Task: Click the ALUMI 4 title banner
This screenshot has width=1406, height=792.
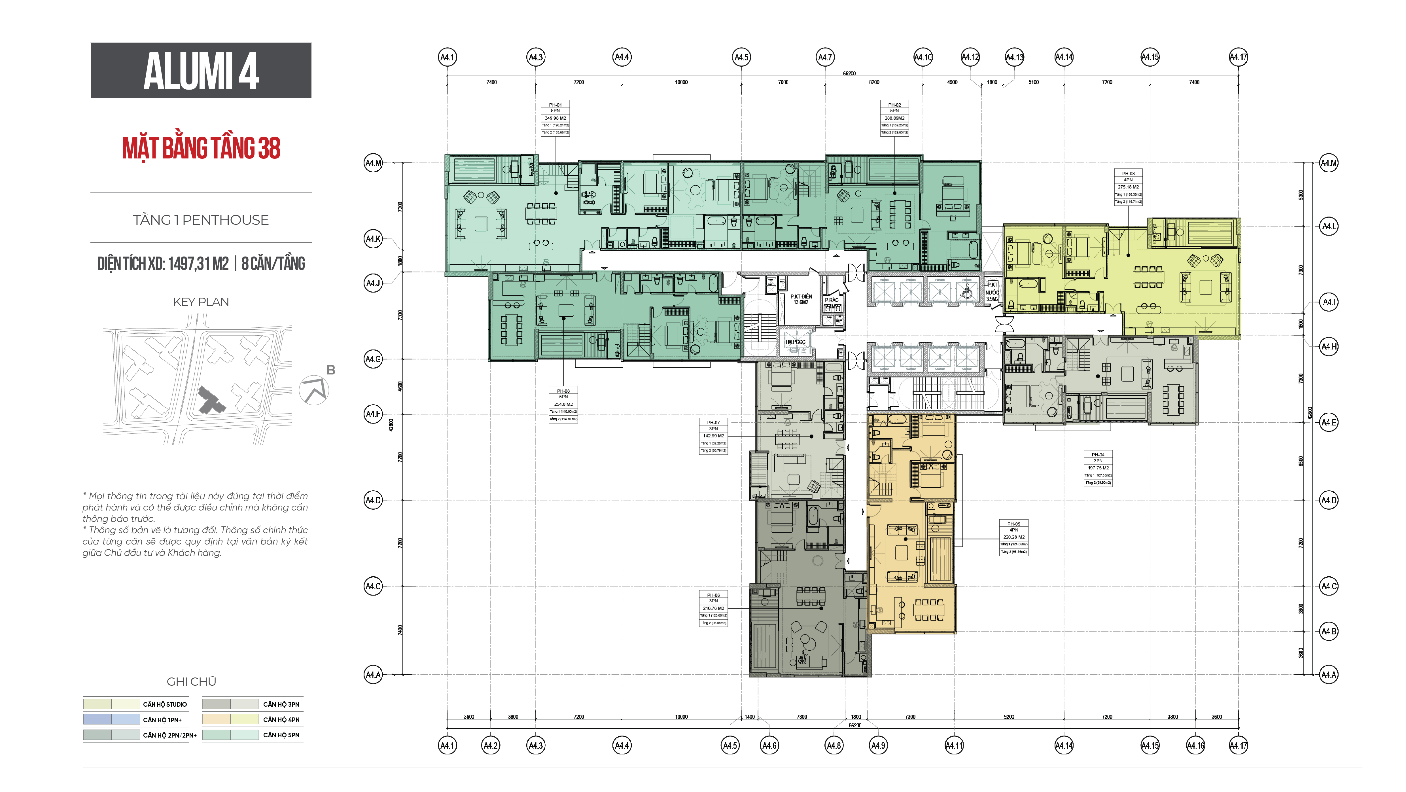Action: point(201,70)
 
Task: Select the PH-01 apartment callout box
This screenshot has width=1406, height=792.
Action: point(555,118)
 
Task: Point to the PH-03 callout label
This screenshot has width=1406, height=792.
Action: point(1128,187)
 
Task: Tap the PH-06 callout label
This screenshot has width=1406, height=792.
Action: point(713,608)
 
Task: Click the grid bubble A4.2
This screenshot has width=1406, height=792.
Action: point(491,745)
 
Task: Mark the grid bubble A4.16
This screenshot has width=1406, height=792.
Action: point(1195,745)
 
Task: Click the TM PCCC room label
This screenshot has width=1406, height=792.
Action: point(795,342)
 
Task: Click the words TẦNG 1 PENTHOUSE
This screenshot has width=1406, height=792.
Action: point(201,220)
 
